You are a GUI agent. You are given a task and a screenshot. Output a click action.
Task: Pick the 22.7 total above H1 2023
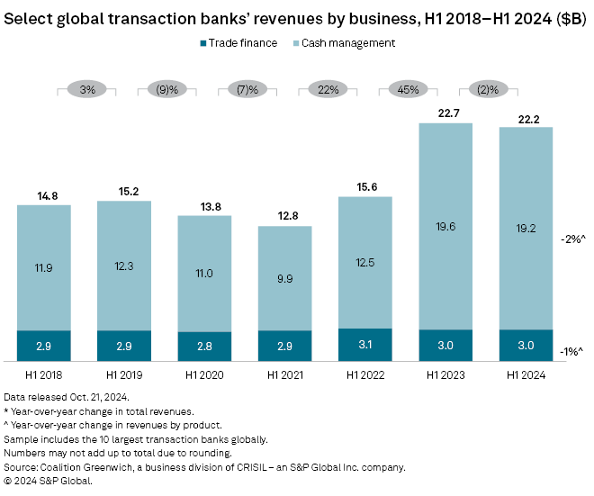pos(445,113)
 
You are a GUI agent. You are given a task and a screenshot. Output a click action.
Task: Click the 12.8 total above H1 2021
pos(285,215)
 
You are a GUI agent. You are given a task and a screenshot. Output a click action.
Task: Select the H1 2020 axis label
pos(204,373)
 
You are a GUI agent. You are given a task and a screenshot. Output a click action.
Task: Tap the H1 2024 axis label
pos(526,373)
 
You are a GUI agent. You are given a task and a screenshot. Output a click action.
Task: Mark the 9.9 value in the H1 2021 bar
pos(285,279)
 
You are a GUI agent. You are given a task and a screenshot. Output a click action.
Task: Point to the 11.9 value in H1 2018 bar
pos(44,267)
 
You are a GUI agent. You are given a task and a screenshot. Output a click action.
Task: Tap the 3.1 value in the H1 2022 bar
pos(365,345)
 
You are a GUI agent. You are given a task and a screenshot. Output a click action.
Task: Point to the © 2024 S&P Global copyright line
pos(49,481)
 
